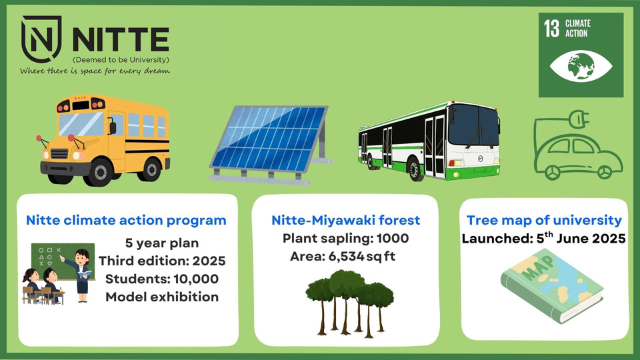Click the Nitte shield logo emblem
pos(41,39)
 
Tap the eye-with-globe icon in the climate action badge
pos(581,66)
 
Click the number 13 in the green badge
pos(551,29)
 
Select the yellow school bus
pos(105,140)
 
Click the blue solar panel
pos(270,144)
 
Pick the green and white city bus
pos(429,141)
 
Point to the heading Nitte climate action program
pos(126,220)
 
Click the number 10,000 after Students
pos(196,279)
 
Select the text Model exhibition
pos(162,297)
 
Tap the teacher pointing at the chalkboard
pos(79,275)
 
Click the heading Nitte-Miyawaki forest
pos(346,220)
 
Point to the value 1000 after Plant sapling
pos(393,239)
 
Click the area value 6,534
pos(346,256)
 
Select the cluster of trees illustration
pos(349,303)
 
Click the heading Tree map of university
pos(544,220)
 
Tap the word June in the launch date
pos(573,239)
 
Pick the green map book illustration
pos(551,286)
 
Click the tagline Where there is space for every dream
pos(95,71)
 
